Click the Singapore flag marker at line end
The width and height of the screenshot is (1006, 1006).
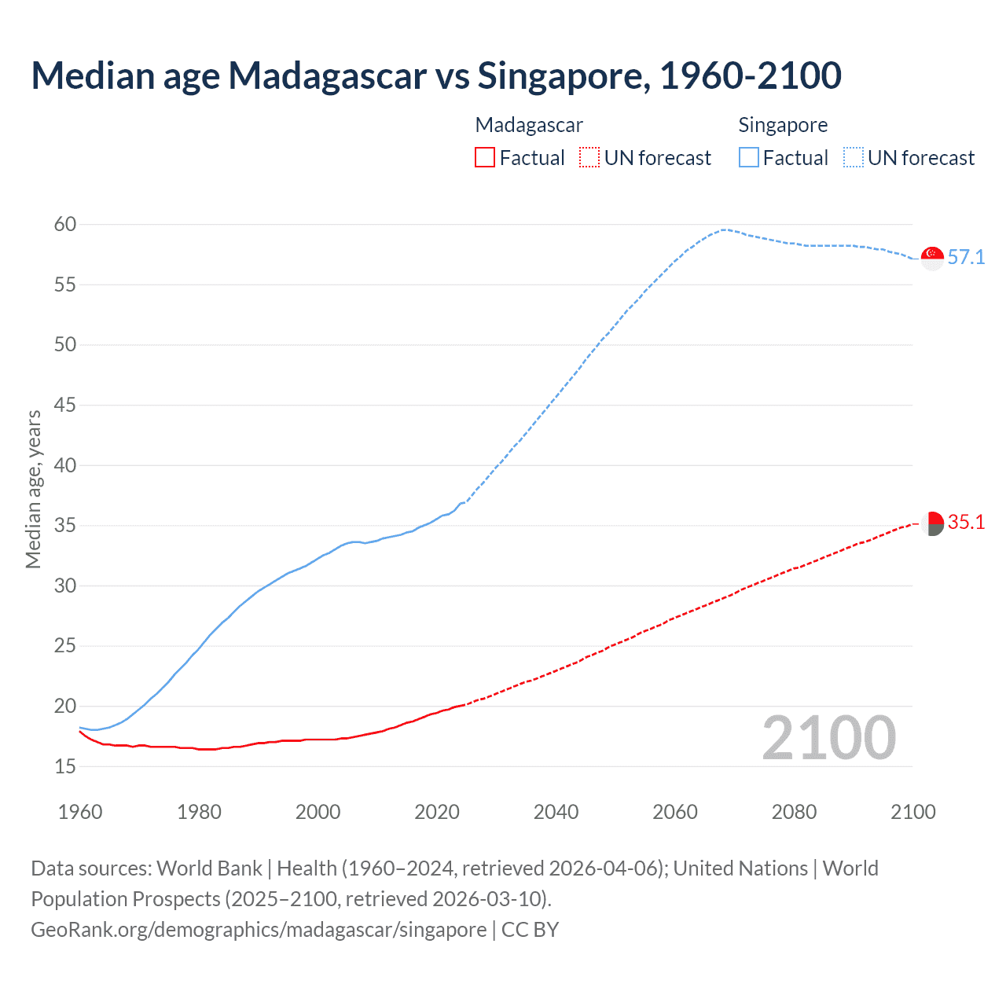(932, 258)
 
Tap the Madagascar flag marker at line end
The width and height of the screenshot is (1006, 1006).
(932, 523)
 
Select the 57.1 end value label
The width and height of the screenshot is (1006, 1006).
(966, 258)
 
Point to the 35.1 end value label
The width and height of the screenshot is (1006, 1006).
(966, 523)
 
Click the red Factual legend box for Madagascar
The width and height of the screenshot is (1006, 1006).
(485, 158)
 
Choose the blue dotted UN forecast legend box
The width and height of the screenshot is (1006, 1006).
(854, 158)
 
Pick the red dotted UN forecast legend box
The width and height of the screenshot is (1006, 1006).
(589, 158)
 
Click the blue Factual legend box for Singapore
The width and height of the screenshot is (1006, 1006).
(749, 158)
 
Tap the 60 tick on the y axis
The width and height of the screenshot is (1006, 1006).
(65, 225)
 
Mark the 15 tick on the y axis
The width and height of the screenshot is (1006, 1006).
(65, 766)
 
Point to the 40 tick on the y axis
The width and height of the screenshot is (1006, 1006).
(65, 465)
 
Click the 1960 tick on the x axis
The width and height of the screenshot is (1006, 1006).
(80, 812)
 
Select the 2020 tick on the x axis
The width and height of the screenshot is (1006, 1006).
(437, 812)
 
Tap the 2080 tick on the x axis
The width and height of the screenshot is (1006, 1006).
(794, 812)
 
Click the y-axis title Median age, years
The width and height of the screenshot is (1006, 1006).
(34, 489)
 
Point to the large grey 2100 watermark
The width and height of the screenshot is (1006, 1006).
(829, 738)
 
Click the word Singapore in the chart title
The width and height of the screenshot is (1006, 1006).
(564, 76)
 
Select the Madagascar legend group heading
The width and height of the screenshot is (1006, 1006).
(529, 125)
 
